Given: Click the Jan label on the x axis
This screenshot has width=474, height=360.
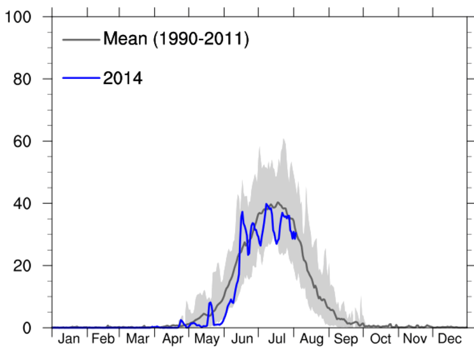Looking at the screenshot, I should tap(69, 340).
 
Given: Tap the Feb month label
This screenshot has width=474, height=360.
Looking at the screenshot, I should tap(103, 340).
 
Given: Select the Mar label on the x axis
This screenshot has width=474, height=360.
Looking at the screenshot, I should tap(138, 340).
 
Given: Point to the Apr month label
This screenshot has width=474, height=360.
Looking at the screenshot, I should tap(173, 340).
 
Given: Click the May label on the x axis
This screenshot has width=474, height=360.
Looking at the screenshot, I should tap(208, 340).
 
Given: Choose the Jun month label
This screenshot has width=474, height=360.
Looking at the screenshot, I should tap(242, 340).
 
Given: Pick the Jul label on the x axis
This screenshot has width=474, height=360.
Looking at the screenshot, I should tap(276, 340).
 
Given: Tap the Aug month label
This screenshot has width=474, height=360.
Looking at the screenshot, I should tap(312, 340).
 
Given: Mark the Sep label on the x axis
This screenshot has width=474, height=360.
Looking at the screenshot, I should tap(347, 340).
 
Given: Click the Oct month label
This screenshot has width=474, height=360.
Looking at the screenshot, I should tap(381, 340).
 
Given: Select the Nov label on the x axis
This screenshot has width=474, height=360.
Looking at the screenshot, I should tap(415, 340).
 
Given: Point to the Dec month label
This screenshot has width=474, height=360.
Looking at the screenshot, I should tap(450, 340).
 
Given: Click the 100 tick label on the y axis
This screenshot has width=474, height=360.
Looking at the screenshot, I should tap(19, 17).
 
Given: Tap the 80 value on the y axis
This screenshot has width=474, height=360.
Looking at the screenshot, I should tap(24, 79).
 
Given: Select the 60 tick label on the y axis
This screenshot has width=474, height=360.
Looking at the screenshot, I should tap(24, 141).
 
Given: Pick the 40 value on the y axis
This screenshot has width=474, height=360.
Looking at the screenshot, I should tap(24, 203).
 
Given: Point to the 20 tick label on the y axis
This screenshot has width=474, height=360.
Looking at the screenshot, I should tap(24, 266).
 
